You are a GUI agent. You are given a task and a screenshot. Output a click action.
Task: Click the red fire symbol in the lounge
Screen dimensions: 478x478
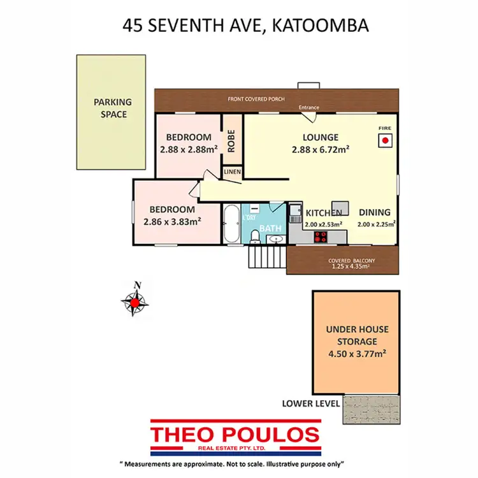[x=385, y=141]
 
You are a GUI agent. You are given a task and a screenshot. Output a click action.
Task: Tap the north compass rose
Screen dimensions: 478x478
[x=136, y=301]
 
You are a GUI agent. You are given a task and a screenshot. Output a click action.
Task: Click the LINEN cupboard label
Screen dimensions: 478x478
[x=231, y=172]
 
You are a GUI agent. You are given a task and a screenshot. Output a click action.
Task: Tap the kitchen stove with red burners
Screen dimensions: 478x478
[x=320, y=237]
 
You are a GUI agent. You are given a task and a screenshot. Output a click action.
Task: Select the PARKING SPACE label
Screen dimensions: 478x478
[x=112, y=108]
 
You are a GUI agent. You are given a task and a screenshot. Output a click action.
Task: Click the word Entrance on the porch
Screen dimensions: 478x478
[x=309, y=108]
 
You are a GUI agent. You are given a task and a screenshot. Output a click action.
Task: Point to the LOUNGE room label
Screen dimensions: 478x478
[x=320, y=137]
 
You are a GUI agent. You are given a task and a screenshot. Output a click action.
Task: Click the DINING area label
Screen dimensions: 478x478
[x=374, y=213]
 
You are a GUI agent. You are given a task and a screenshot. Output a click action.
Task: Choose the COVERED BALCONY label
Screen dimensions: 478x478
[x=352, y=260]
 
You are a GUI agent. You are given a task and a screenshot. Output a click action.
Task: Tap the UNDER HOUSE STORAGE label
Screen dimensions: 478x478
[x=357, y=335]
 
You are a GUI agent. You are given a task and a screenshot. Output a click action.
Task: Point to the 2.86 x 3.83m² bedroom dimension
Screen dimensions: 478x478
[x=172, y=222]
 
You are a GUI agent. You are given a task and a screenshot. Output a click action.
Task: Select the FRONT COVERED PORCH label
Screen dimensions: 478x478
[x=257, y=99]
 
